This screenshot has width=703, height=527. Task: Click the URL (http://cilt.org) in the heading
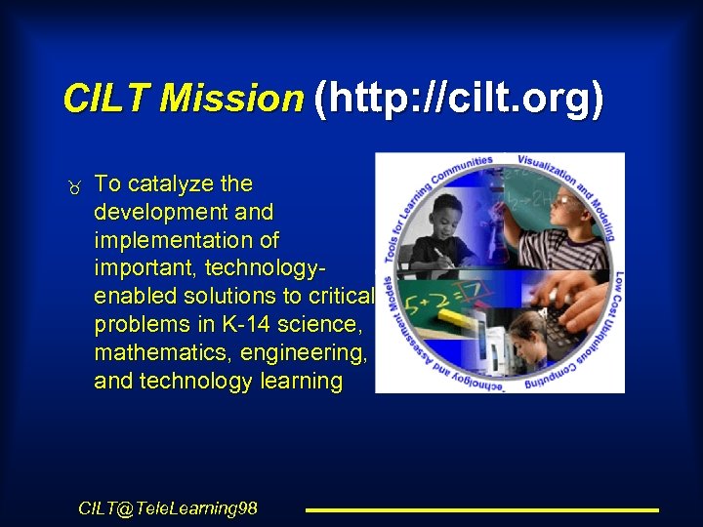point(457,100)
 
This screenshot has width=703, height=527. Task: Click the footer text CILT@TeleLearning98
point(168,507)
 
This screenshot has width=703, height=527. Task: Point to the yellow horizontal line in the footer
point(482,509)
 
